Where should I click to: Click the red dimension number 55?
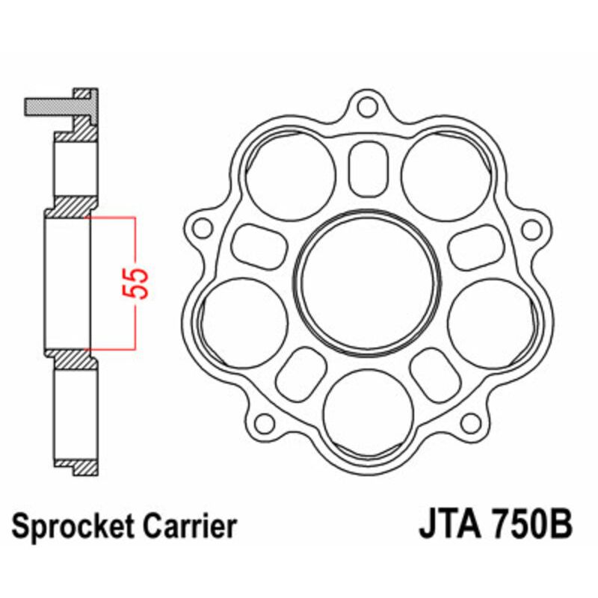click(x=141, y=281)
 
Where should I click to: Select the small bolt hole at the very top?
click(x=366, y=107)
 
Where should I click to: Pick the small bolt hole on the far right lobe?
click(x=531, y=228)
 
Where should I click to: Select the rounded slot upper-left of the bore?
click(x=259, y=245)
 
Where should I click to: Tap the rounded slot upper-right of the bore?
click(x=473, y=245)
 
